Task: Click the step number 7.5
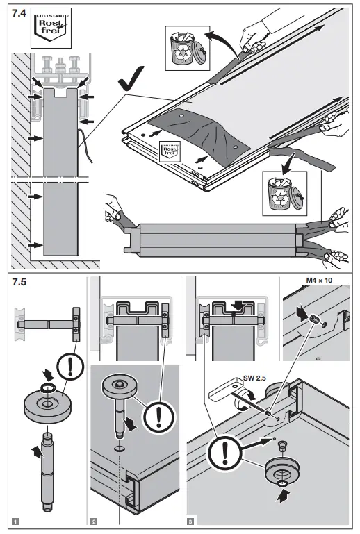coord(18,284)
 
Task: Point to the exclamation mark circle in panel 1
coord(68,366)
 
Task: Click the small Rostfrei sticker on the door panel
coord(170,150)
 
